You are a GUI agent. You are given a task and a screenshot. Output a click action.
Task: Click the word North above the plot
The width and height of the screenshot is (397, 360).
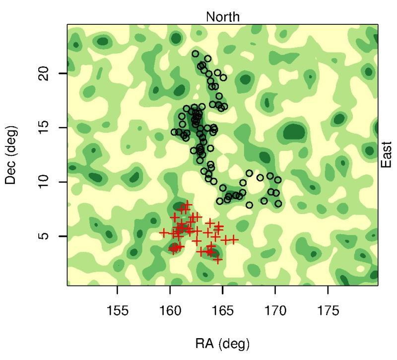[x=223, y=17]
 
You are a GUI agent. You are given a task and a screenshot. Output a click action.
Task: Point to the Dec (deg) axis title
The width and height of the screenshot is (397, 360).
[x=12, y=155]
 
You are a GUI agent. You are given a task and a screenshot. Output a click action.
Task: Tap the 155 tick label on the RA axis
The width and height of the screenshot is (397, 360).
[x=118, y=311]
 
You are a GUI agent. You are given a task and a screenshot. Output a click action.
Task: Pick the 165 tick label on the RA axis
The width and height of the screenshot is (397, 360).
[x=223, y=311]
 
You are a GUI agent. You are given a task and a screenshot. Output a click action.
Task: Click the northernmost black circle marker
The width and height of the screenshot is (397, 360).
[x=196, y=54]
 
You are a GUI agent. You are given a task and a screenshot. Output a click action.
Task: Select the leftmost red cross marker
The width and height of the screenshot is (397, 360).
[x=164, y=232]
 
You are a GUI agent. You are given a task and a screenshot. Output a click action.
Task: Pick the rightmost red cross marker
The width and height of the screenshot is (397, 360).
[x=233, y=240]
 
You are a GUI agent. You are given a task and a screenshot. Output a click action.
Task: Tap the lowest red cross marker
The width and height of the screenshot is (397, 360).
[x=218, y=260]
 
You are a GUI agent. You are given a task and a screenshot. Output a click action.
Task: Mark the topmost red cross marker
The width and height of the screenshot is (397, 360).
[x=187, y=204]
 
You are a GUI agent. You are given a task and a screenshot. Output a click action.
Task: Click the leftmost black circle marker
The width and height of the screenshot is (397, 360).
[x=174, y=132]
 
